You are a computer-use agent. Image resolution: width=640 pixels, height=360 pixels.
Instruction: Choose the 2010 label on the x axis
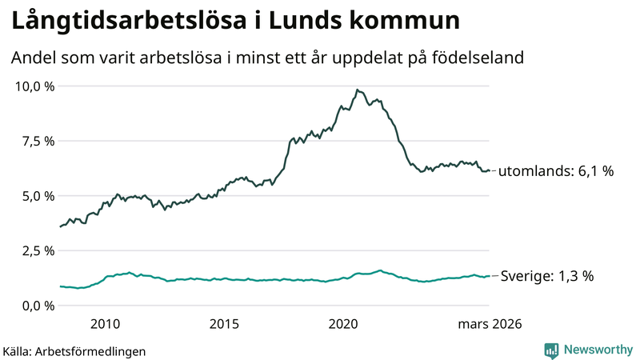(x=105, y=324)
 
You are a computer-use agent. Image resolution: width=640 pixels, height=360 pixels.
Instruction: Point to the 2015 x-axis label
(x=224, y=324)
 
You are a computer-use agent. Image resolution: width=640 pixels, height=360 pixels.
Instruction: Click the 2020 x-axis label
(x=344, y=324)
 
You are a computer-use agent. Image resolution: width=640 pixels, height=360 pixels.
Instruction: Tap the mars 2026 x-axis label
(x=489, y=324)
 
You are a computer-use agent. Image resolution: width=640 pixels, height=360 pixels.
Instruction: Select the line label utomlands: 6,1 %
(x=556, y=170)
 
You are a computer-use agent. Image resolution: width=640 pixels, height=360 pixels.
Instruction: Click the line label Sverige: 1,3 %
(x=546, y=276)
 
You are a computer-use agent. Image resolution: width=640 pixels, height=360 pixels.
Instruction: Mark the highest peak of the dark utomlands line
(x=357, y=90)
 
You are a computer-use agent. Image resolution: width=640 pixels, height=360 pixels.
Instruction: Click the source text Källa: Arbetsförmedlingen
(x=74, y=350)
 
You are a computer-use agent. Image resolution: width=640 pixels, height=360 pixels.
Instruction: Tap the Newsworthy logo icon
(x=551, y=350)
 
